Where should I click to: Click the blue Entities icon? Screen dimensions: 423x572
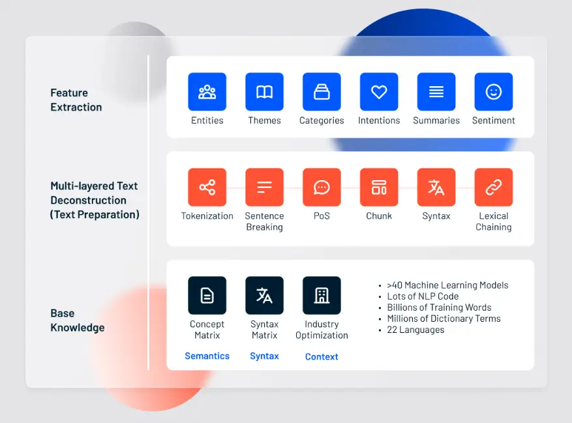pos(207,91)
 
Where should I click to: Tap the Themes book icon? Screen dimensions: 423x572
pos(264,91)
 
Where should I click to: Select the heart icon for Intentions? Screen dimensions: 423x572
pos(379,91)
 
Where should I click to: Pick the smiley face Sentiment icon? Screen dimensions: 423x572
pos(494,91)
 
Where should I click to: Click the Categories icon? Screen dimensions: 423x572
pos(322,91)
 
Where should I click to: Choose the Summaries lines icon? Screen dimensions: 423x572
pos(436,91)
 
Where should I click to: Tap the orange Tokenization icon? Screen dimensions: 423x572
pos(207,187)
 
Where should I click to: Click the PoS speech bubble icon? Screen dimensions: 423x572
pos(322,187)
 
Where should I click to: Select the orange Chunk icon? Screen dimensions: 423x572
pos(379,187)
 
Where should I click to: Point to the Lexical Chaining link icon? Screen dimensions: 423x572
pos(494,187)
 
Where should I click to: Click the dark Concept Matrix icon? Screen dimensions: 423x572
pos(207,296)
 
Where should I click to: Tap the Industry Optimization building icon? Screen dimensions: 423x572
pos(322,296)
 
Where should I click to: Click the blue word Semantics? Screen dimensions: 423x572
pos(207,356)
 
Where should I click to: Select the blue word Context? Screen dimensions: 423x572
pos(322,356)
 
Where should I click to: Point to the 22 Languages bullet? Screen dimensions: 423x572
pos(415,330)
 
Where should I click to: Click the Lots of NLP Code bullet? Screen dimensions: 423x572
pos(423,296)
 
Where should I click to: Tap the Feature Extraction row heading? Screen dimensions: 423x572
pos(76,100)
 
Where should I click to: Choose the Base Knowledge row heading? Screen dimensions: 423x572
pos(77,321)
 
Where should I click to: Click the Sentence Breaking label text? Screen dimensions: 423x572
pos(264,221)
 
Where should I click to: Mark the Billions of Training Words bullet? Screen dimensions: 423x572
pos(439,307)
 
